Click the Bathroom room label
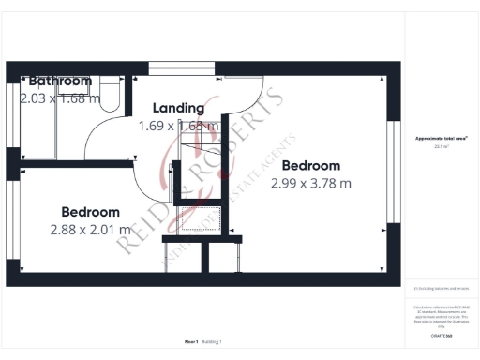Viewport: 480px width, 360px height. [x=60, y=82]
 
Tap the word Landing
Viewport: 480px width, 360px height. [x=178, y=108]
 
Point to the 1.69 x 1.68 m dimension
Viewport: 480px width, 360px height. [x=178, y=125]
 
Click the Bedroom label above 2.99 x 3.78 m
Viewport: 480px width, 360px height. [x=311, y=166]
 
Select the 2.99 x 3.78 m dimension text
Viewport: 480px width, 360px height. [x=311, y=183]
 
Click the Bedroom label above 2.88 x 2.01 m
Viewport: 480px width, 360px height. [x=91, y=212]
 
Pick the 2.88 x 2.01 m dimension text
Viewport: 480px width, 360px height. [x=91, y=229]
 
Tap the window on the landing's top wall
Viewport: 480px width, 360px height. [x=180, y=66]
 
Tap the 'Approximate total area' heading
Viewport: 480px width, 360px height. [x=442, y=139]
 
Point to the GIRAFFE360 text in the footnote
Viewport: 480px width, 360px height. [x=442, y=335]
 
